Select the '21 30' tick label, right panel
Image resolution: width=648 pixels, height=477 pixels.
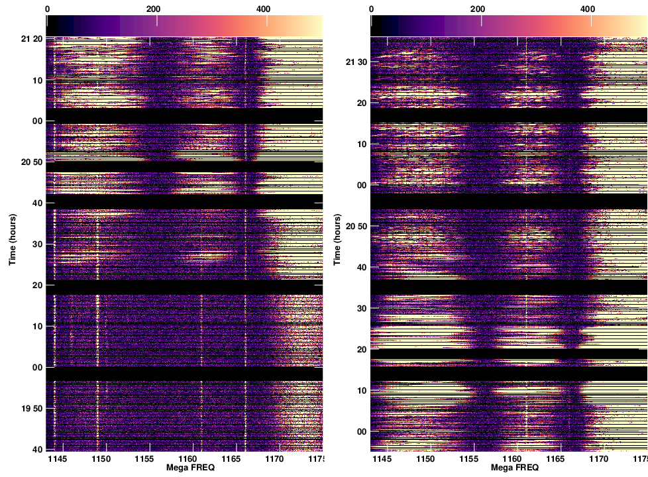click(x=356, y=62)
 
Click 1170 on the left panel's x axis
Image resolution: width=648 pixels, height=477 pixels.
click(x=274, y=458)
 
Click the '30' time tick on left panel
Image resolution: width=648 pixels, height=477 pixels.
click(x=37, y=244)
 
